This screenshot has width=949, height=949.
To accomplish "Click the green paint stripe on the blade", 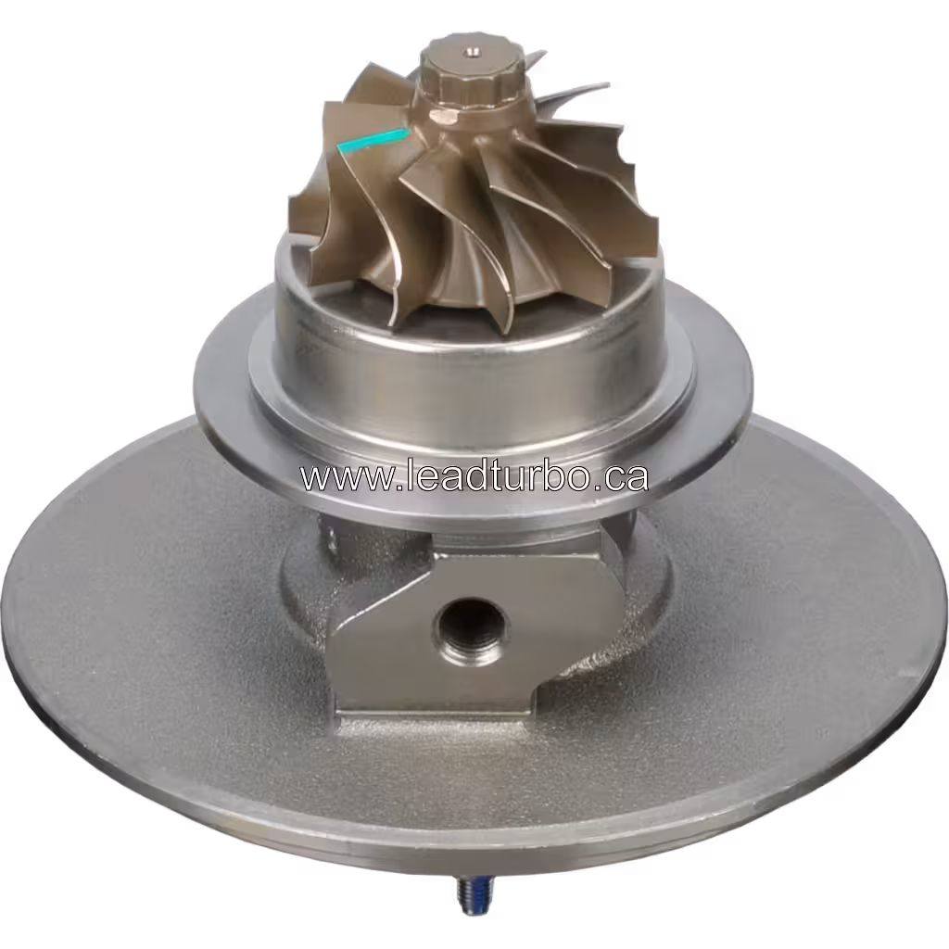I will point(373,140).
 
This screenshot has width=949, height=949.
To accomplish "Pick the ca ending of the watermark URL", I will point(626,477).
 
